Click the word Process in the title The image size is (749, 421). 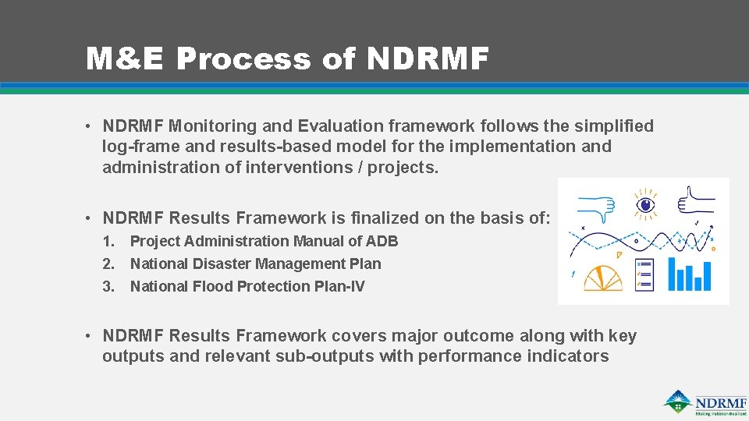[x=243, y=58]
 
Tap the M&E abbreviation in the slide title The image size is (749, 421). [x=126, y=58]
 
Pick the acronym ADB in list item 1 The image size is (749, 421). [x=382, y=242]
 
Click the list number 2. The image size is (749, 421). [x=108, y=264]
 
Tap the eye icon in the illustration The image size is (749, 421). [x=644, y=203]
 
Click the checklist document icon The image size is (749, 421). [x=645, y=274]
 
